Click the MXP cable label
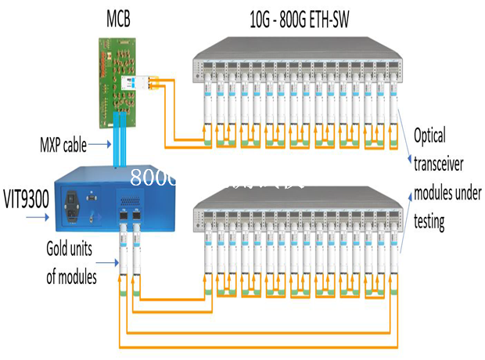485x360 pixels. (x=63, y=145)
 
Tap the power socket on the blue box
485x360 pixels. (x=77, y=202)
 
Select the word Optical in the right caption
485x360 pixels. (x=429, y=136)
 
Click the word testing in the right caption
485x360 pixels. (x=430, y=221)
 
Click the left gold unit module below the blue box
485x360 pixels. (x=122, y=250)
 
